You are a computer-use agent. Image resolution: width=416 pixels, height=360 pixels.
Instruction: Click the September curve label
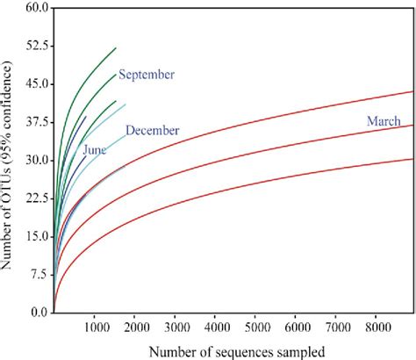click(x=147, y=74)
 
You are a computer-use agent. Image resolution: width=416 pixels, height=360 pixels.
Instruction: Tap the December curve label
click(x=153, y=131)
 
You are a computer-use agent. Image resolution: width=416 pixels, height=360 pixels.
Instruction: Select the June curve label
click(x=95, y=150)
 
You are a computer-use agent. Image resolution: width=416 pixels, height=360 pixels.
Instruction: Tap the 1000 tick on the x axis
click(x=94, y=327)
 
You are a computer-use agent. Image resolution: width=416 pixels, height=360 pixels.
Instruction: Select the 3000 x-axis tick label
click(x=175, y=327)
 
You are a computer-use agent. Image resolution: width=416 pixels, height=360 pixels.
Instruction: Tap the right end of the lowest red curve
click(x=412, y=159)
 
